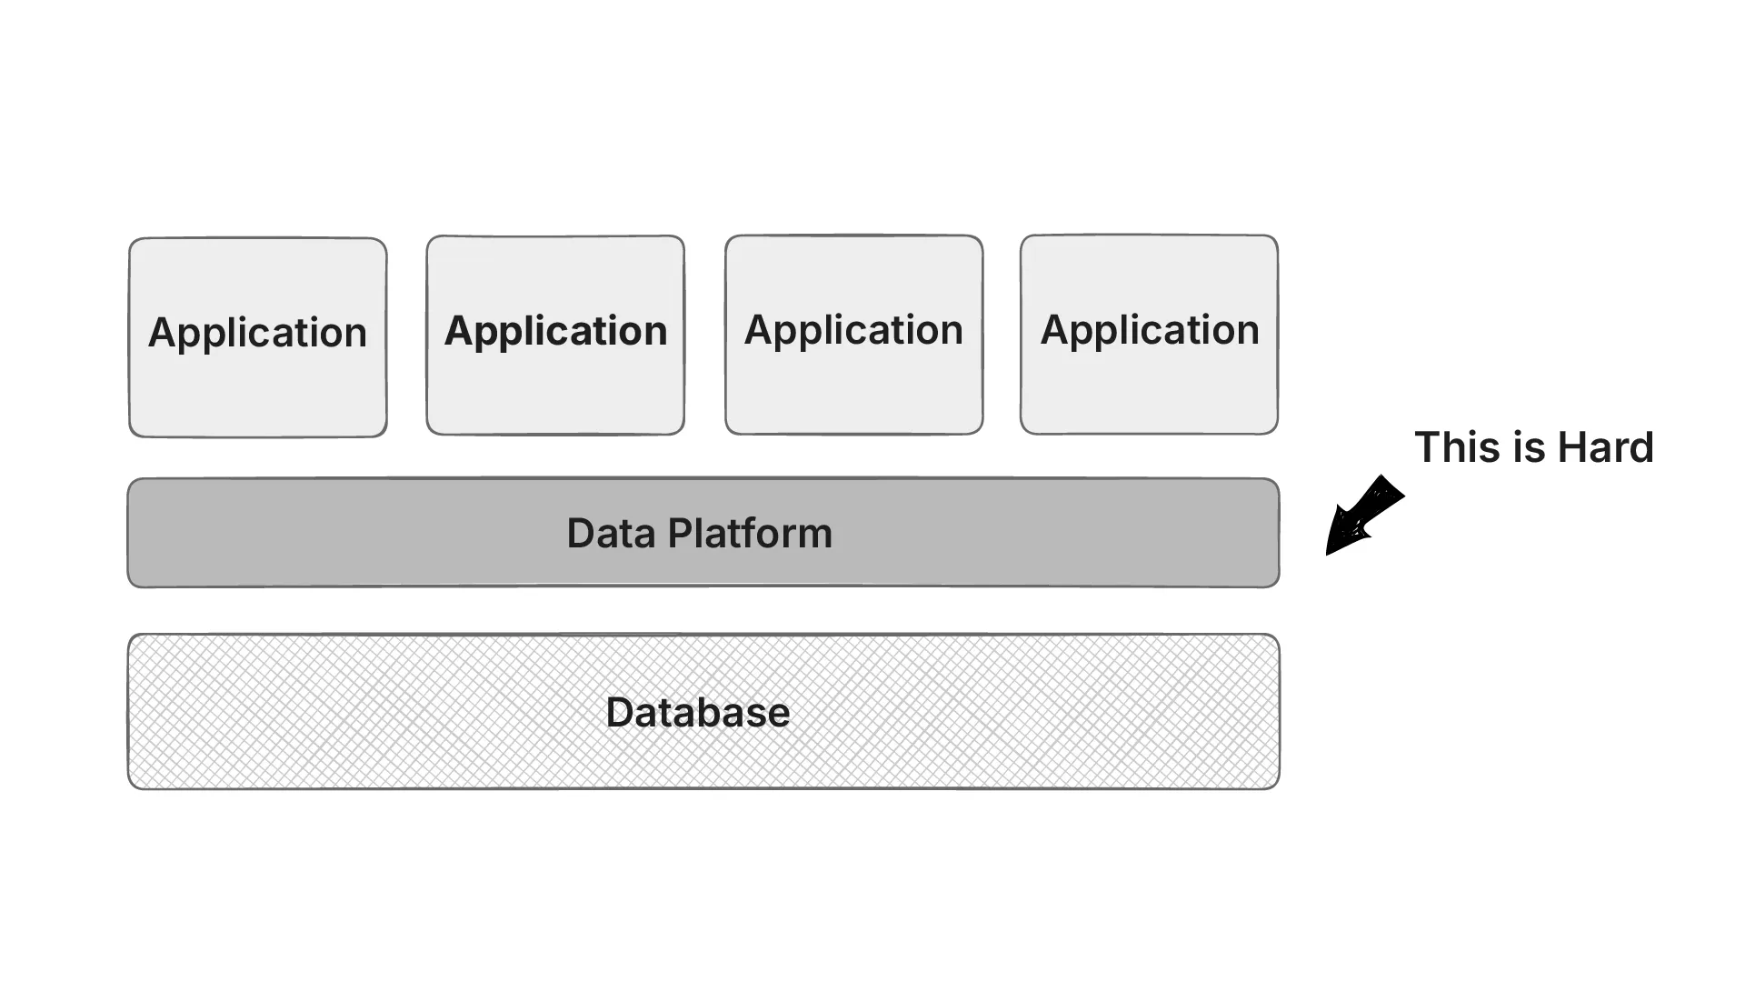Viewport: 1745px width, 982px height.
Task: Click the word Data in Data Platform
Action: (611, 534)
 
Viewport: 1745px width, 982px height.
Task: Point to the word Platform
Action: (750, 534)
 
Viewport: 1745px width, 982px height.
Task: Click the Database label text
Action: (697, 712)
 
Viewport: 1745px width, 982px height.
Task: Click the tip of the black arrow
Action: (1329, 552)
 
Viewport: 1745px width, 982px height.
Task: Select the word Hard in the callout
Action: (1605, 447)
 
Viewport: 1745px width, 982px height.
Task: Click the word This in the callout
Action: (1454, 447)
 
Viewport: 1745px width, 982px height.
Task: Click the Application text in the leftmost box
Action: (257, 333)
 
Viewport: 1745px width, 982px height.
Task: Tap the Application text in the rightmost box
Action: (1150, 330)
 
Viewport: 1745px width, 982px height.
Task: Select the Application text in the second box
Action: (555, 331)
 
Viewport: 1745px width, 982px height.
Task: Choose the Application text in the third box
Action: (853, 330)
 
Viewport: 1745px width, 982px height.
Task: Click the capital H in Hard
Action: (1572, 447)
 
